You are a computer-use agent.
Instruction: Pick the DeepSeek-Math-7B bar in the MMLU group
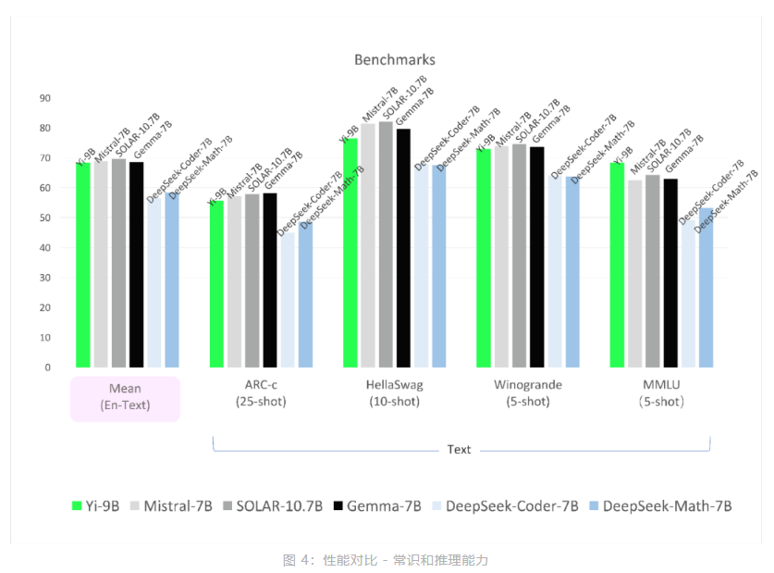(706, 288)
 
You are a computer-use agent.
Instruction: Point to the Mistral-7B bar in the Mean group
(101, 264)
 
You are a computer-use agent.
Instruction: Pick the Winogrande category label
(527, 392)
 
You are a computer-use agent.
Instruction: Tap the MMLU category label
(660, 392)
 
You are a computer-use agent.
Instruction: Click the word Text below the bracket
(460, 450)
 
